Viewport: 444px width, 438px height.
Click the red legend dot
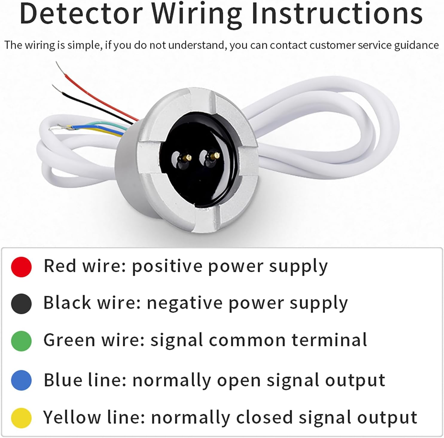coord(21,267)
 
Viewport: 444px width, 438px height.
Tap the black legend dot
coord(21,304)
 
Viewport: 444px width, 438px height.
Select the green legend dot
coord(21,341)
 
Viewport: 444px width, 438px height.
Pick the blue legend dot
coord(21,380)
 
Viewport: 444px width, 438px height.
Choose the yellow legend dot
coord(21,418)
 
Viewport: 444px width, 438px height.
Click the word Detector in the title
coord(81,14)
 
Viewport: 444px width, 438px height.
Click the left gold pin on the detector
coord(188,157)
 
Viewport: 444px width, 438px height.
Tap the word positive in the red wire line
coord(167,267)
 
